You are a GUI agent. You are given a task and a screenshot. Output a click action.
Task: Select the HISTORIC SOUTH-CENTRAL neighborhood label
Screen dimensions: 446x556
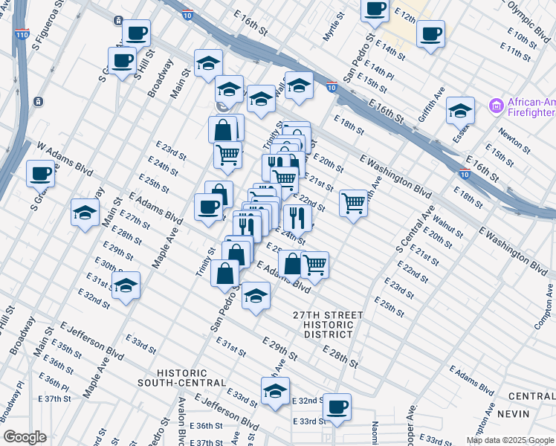point(181,378)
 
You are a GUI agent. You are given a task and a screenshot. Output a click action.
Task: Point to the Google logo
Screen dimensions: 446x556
point(25,437)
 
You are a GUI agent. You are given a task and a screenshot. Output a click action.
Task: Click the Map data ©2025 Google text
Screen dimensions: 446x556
point(509,440)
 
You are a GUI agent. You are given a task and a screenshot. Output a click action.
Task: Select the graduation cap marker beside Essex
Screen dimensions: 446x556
point(460,111)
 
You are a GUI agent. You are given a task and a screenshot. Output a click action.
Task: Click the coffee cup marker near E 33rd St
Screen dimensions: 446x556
point(337,407)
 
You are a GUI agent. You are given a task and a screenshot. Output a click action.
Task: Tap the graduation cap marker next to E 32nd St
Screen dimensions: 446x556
point(126,285)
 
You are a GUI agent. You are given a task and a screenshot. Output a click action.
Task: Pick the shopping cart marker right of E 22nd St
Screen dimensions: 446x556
point(354,202)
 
